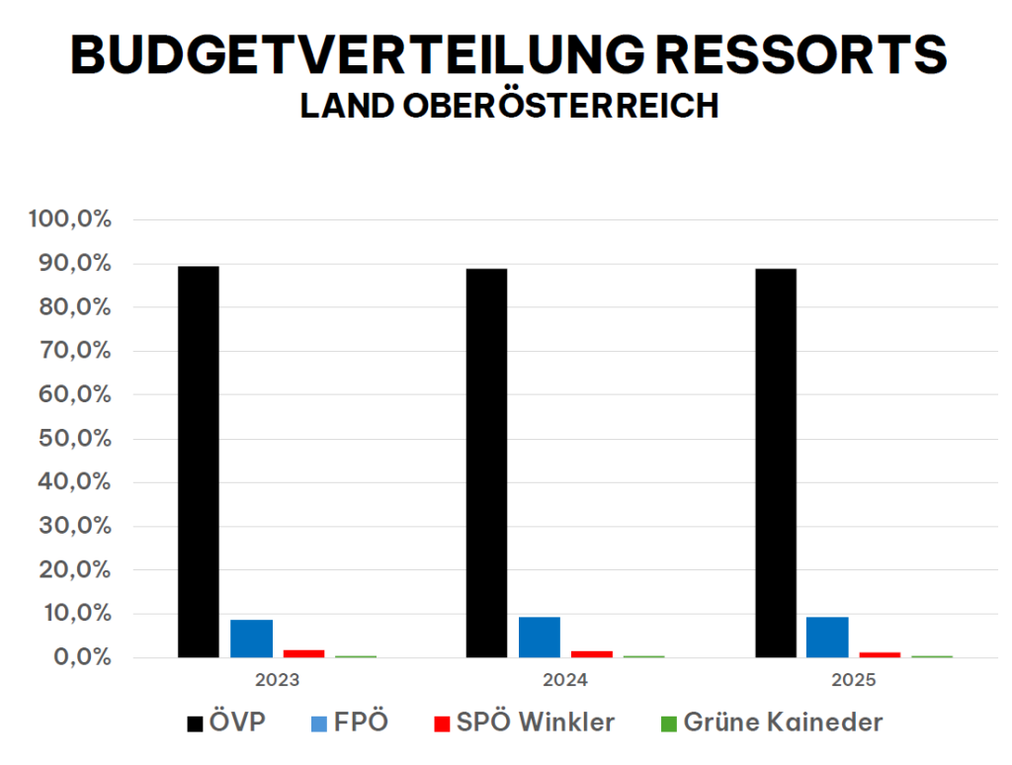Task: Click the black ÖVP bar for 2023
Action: (199, 462)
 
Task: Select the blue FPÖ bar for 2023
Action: (251, 638)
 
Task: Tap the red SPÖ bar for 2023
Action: (303, 653)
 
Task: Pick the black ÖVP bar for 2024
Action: (486, 463)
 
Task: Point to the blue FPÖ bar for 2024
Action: (539, 637)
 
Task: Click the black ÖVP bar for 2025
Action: (775, 463)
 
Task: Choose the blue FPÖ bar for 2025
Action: (827, 637)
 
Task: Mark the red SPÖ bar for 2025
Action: (880, 654)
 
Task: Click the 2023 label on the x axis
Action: (277, 680)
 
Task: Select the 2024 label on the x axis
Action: (565, 680)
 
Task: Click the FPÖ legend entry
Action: (348, 722)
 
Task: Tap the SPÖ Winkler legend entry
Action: (524, 722)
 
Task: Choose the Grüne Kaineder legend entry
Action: (771, 722)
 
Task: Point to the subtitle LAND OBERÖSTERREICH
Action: (509, 106)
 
